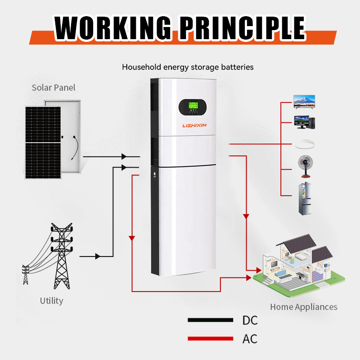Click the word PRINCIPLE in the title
coord(238,28)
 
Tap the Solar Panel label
coord(54,87)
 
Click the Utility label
coord(51,301)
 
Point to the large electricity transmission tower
coord(61,256)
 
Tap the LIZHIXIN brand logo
coord(194,126)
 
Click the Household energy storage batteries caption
coord(188,67)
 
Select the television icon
coord(304,101)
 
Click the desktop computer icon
coord(304,122)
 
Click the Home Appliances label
coord(303,307)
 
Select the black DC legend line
coord(211,320)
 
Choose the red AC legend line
coord(211,338)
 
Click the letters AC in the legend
coord(250,338)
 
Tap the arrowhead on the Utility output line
coord(97,256)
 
